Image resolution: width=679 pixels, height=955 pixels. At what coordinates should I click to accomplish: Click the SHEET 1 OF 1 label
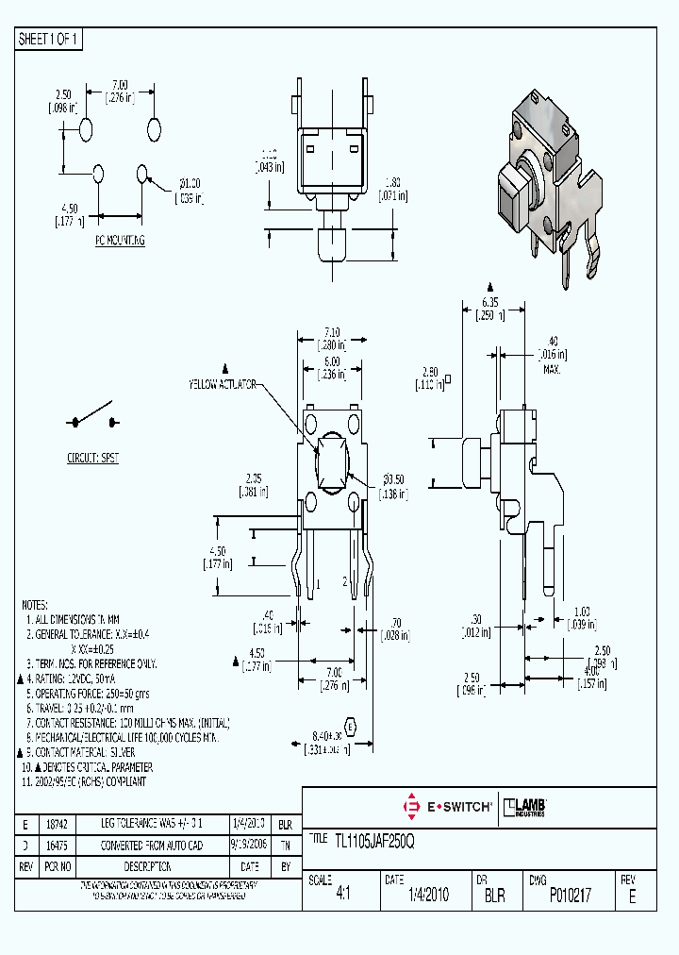(50, 39)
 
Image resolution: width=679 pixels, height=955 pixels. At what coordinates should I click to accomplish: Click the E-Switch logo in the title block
(448, 806)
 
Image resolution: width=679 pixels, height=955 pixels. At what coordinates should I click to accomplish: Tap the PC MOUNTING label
(119, 241)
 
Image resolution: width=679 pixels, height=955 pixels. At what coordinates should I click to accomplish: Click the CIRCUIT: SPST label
(92, 457)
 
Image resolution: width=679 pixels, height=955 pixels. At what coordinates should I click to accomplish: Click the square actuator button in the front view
(333, 463)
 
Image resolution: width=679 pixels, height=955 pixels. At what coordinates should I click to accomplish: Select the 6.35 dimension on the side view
(489, 302)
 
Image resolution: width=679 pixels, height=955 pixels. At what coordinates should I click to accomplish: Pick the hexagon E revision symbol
(351, 727)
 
